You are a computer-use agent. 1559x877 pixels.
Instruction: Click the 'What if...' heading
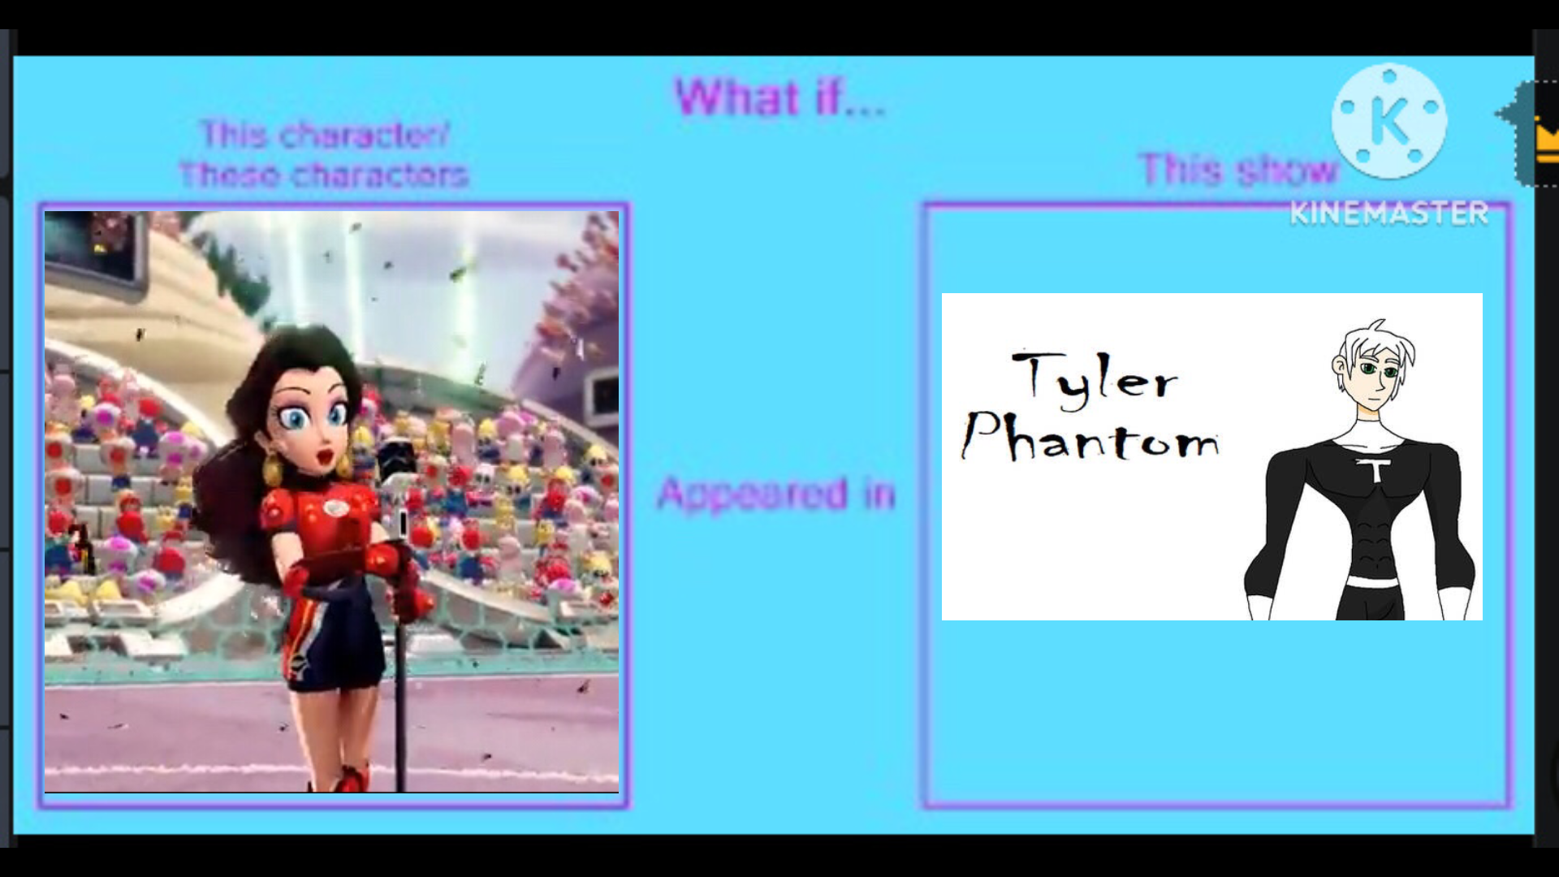(780, 97)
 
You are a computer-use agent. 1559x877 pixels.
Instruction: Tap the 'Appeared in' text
(776, 493)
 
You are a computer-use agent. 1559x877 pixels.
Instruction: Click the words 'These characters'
(324, 175)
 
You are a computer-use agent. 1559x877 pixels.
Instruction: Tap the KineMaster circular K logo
(1389, 120)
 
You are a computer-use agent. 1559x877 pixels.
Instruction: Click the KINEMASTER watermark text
(1389, 213)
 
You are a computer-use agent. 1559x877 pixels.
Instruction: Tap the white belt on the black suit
(1372, 582)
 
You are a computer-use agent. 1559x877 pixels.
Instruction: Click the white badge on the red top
(335, 508)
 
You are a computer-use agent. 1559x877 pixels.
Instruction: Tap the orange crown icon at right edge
(1547, 140)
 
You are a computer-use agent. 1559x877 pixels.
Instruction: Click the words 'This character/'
(325, 135)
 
